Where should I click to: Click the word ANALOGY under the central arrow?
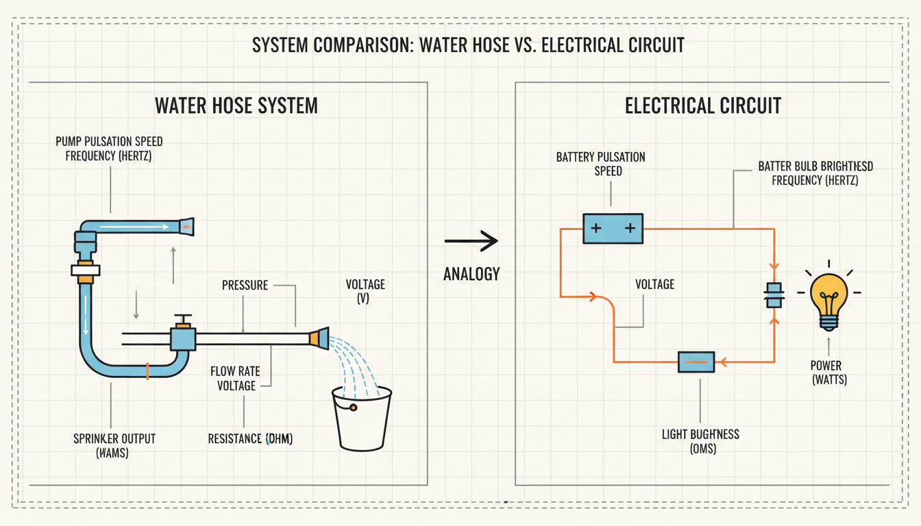coord(471,274)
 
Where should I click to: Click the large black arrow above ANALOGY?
coord(471,241)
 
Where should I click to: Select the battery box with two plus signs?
coord(613,228)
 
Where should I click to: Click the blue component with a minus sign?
coord(696,362)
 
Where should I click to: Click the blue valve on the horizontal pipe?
coord(183,338)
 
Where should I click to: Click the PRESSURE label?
coord(245,285)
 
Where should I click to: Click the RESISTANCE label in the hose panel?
coord(250,439)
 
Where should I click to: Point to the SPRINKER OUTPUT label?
coord(114,445)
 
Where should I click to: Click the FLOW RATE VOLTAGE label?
coord(236,379)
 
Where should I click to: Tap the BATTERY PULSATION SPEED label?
coord(600,164)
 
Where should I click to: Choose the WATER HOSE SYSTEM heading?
coord(236,105)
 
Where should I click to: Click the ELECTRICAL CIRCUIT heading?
coord(703,105)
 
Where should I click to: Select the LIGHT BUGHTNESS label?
coord(700,442)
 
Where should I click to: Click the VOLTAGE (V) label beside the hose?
coord(364,291)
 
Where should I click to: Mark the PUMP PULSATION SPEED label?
coord(109,148)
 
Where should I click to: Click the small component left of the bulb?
coord(774,296)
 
